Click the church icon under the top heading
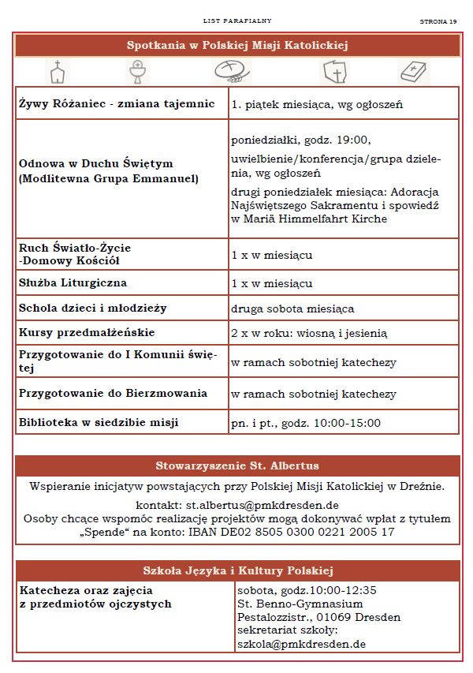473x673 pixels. pyautogui.click(x=56, y=72)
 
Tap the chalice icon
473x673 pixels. pyautogui.click(x=138, y=72)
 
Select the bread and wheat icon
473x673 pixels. pyautogui.click(x=233, y=71)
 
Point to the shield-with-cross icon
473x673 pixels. pyautogui.click(x=335, y=72)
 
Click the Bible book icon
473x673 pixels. pyautogui.click(x=413, y=72)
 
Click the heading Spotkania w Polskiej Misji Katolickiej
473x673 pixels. pyautogui.click(x=237, y=46)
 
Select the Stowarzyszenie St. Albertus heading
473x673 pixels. pyautogui.click(x=237, y=465)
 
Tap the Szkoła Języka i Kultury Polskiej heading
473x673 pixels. pyautogui.click(x=237, y=570)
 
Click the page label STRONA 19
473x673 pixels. pyautogui.click(x=438, y=21)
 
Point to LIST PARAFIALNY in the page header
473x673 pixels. pyautogui.click(x=237, y=21)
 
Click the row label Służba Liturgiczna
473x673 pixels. pyautogui.click(x=73, y=282)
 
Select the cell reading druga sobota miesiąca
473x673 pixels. pyautogui.click(x=292, y=308)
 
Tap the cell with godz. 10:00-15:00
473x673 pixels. pyautogui.click(x=306, y=423)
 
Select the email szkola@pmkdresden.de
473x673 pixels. pyautogui.click(x=301, y=644)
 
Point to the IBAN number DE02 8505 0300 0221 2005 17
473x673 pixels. pyautogui.click(x=291, y=532)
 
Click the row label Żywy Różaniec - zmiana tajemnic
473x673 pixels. pyautogui.click(x=117, y=103)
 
